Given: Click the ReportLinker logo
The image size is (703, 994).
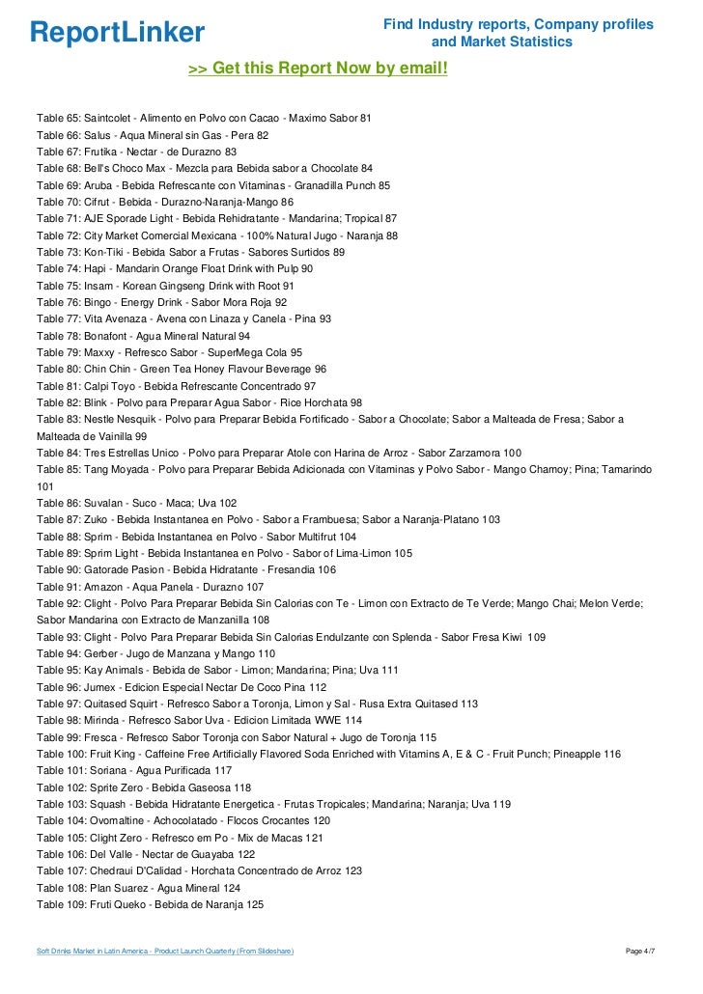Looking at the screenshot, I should (x=117, y=33).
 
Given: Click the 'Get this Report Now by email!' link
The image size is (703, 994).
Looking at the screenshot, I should (x=318, y=69).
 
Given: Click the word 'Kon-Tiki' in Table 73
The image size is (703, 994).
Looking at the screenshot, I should (x=106, y=252).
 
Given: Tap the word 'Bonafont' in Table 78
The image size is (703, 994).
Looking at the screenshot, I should (x=109, y=336).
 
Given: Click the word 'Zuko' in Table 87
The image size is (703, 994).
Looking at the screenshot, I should (x=98, y=519).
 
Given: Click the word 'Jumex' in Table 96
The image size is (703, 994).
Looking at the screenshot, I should (x=101, y=687).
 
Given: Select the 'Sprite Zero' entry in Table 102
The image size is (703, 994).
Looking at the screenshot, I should (x=115, y=787).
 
